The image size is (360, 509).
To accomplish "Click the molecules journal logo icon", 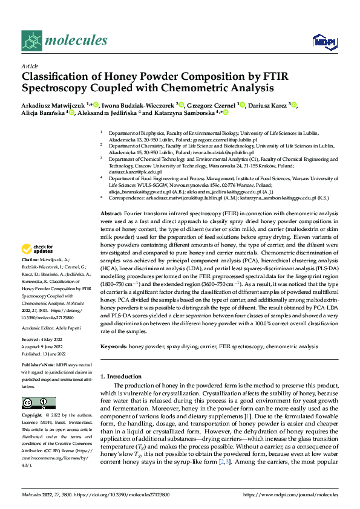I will click(31, 41).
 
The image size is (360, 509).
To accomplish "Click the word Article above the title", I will click(30, 66).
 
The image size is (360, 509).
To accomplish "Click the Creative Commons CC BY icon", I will click(38, 403).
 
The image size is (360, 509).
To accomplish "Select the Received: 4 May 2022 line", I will click(44, 340).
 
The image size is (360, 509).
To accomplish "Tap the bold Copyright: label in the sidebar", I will click(33, 416).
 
